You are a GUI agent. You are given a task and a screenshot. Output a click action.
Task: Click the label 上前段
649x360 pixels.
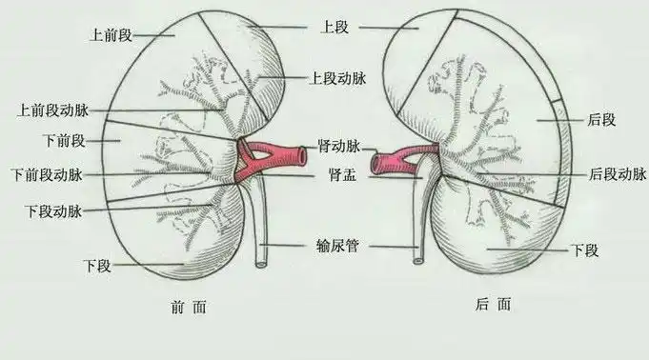110,34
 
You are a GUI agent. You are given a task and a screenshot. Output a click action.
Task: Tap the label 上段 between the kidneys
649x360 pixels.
336,28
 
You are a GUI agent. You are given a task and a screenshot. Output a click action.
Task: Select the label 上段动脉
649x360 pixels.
335,79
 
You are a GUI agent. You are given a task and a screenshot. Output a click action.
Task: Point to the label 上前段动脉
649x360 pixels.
52,110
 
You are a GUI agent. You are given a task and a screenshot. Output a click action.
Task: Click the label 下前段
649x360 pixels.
65,141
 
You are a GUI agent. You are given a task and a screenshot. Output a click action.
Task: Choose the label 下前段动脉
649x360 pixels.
46,175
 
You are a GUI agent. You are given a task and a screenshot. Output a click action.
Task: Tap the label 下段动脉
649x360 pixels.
52,210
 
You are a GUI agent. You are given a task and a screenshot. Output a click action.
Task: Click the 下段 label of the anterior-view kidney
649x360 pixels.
96,265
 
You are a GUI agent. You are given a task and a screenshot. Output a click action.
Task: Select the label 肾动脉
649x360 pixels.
339,148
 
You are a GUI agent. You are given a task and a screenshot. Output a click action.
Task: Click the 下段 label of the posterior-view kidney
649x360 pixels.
583,250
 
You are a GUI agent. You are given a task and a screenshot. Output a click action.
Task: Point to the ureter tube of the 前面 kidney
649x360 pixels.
261,229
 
